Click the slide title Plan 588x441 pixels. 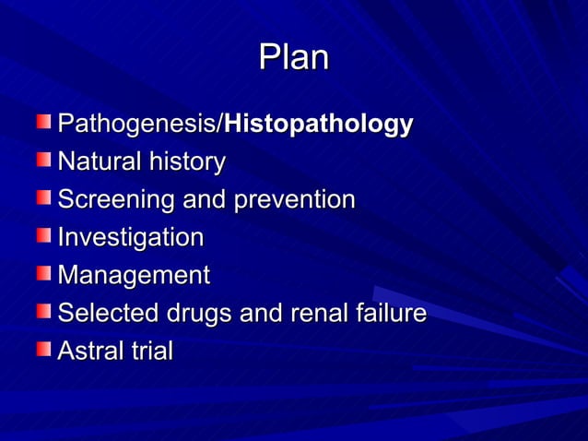click(294, 58)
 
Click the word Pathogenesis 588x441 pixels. click(138, 124)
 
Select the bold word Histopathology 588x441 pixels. click(319, 125)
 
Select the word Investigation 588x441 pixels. click(130, 238)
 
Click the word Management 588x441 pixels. click(134, 276)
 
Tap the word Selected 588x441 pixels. click(109, 314)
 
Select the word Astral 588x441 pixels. click(89, 352)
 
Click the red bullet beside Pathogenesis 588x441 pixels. click(45, 122)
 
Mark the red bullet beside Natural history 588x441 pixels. click(45, 160)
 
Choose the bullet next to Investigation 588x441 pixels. click(45, 235)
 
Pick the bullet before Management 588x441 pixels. click(45, 273)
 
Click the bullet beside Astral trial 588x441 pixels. click(45, 349)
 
